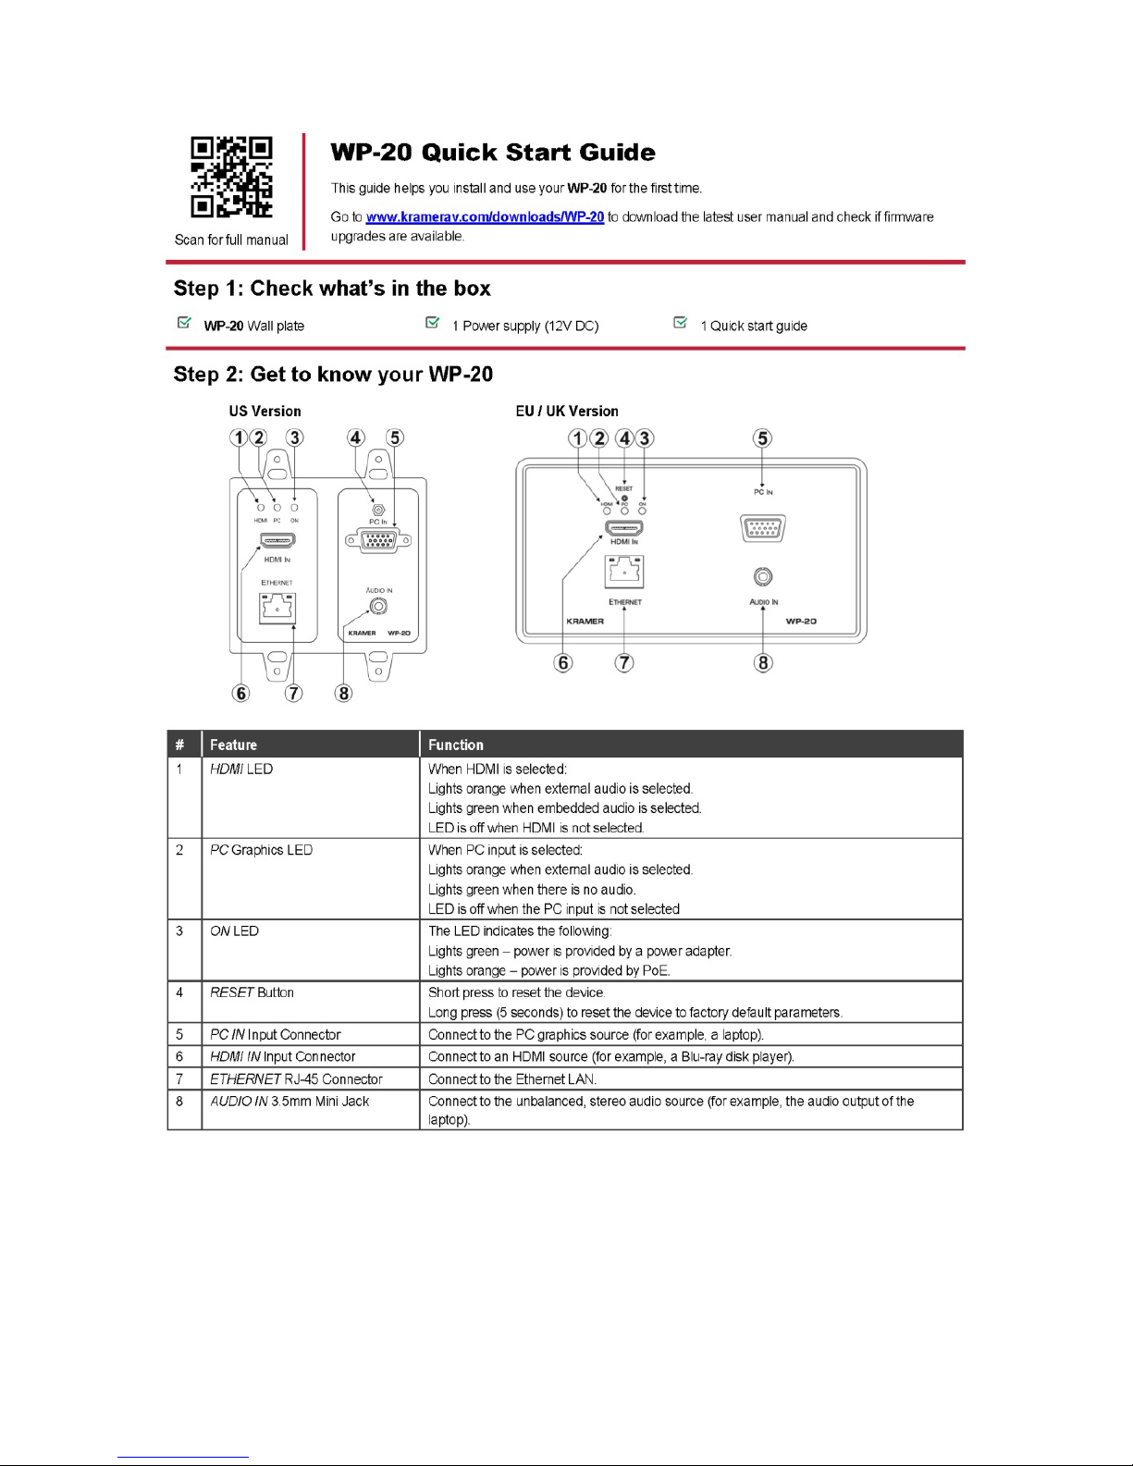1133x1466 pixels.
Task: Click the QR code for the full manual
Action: click(231, 177)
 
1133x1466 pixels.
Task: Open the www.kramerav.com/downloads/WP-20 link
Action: click(485, 216)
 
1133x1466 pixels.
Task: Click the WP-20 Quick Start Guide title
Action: click(492, 153)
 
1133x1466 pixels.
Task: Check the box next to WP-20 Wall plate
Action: click(184, 323)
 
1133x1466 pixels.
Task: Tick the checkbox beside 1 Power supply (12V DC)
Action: click(432, 323)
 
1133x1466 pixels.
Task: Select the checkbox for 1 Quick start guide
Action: click(681, 323)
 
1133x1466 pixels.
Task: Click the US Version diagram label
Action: click(265, 411)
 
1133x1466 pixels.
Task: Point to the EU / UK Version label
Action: click(566, 411)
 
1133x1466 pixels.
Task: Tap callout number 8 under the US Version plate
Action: click(343, 693)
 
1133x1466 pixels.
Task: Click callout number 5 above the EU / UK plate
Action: click(762, 438)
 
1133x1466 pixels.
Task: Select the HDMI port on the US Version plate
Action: click(277, 540)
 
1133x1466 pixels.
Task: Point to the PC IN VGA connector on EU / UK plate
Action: click(763, 527)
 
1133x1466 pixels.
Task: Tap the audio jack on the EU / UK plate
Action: click(763, 577)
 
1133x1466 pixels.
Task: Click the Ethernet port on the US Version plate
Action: click(277, 608)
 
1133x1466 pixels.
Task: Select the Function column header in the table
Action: click(456, 745)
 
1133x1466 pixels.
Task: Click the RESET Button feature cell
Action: click(252, 992)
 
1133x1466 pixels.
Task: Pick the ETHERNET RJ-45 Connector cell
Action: click(296, 1078)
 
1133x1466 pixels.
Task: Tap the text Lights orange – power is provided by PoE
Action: click(549, 970)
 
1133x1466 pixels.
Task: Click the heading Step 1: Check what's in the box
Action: click(332, 289)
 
